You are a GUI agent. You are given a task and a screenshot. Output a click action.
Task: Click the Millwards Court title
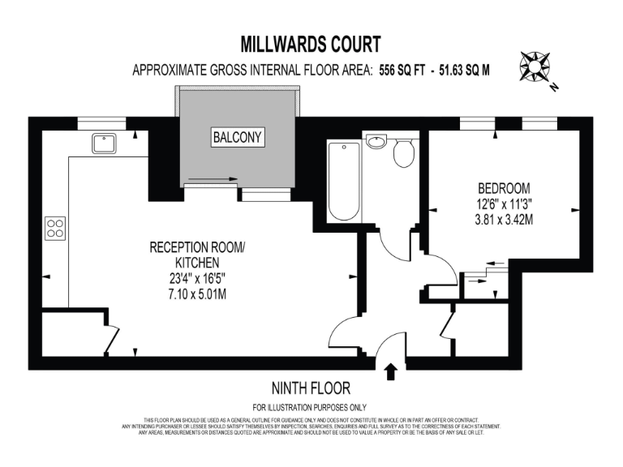pyautogui.click(x=311, y=43)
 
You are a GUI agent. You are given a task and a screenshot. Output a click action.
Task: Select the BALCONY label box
pyautogui.click(x=237, y=137)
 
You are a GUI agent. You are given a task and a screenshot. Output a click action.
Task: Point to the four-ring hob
pyautogui.click(x=55, y=228)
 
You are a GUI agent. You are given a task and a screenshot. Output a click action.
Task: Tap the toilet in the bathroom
pyautogui.click(x=403, y=152)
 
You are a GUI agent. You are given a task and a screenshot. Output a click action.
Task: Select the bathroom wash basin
pyautogui.click(x=376, y=143)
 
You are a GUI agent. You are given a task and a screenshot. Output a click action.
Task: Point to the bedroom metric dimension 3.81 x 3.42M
pyautogui.click(x=504, y=219)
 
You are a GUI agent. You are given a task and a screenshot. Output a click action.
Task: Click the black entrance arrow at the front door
pyautogui.click(x=391, y=371)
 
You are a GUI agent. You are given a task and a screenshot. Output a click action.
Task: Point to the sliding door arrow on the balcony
pyautogui.click(x=213, y=179)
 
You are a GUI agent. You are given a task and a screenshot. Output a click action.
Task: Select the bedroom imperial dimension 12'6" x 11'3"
pyautogui.click(x=504, y=204)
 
